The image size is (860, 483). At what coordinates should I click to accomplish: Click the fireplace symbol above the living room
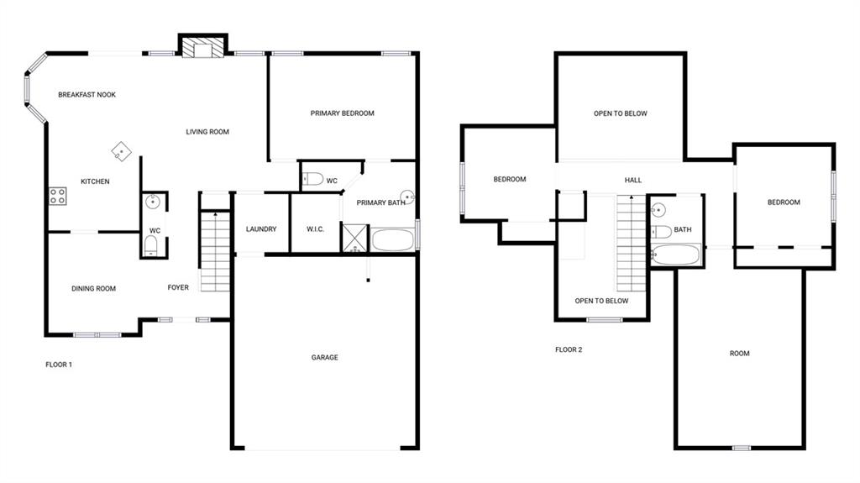coord(203,47)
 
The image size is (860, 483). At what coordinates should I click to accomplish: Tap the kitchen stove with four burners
coord(58,196)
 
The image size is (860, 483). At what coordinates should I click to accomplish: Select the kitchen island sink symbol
coord(121,151)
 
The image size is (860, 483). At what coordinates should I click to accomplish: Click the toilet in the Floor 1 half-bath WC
coord(151,245)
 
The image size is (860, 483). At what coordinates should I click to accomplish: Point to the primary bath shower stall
coord(354,237)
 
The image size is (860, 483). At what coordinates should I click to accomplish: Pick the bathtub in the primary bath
coord(393,240)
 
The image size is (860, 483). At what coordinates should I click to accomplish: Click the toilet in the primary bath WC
coord(313,179)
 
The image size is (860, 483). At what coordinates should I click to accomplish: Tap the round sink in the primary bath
coord(407,197)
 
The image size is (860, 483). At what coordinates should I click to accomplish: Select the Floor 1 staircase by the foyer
coord(215,251)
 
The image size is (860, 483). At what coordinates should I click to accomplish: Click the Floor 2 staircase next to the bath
coord(632,243)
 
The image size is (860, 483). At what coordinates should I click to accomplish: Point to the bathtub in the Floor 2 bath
coord(676,255)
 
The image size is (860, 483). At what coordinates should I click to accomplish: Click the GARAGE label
coord(325,357)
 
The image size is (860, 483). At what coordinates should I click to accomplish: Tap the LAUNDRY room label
coord(261,228)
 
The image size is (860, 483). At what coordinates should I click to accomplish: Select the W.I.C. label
coord(316,228)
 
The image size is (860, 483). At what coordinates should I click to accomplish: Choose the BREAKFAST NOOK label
coord(87,94)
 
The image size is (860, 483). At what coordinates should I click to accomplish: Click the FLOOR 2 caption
coord(569,349)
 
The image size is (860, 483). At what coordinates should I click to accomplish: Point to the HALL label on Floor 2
coord(633,180)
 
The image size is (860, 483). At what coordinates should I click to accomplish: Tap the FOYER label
coord(178,287)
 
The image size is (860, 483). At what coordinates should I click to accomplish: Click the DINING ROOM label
coord(94,288)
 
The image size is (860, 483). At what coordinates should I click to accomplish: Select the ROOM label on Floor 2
coord(739,354)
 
